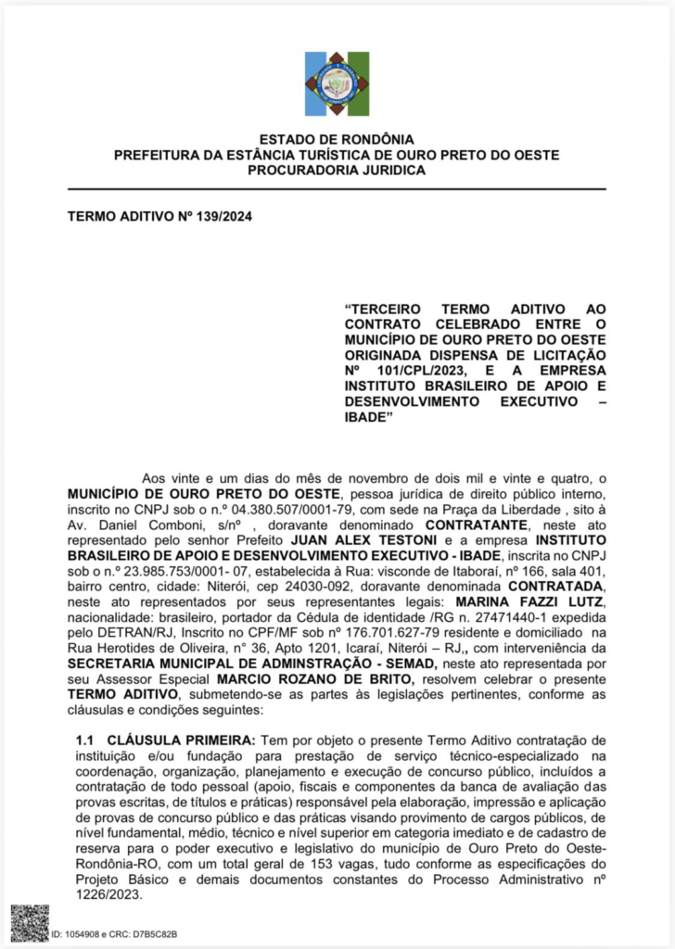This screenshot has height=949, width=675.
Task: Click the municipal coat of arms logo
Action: coord(337,84)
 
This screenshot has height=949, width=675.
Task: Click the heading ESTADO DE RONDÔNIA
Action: coord(337,139)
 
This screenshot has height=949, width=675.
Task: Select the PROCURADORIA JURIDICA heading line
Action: coord(337,170)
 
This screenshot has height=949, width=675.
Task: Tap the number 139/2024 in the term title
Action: coord(220,217)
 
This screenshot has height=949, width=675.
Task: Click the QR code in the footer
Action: coord(30,923)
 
